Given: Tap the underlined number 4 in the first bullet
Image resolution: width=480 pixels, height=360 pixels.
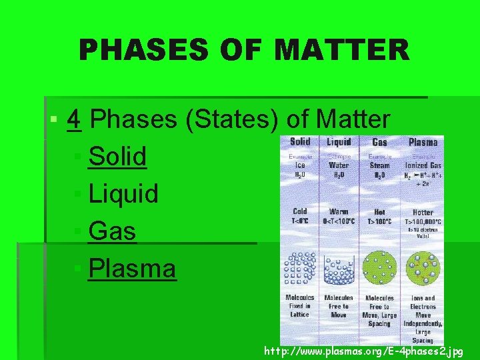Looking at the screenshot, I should point(75,120).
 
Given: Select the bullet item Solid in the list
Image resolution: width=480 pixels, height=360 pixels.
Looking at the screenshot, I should point(117,157).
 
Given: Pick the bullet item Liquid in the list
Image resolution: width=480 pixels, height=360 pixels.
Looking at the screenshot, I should point(123,194).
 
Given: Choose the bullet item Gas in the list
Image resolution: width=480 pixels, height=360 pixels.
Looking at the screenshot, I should point(112,231).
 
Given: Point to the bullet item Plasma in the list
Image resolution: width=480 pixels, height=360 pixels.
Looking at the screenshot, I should point(132,269).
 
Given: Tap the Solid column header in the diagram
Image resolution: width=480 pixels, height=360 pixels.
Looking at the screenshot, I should point(300,141).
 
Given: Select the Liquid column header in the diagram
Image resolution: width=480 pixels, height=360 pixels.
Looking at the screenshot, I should point(339,141).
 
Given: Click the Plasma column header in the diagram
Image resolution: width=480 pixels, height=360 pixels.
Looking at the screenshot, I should point(423,142).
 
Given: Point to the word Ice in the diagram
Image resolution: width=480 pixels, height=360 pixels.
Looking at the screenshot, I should point(300,165).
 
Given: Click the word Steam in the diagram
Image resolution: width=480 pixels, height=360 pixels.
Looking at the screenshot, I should point(379,165).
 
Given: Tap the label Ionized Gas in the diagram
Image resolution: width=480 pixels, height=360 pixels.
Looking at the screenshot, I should point(423,165).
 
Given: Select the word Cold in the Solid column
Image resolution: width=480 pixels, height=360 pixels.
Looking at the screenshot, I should point(300,211).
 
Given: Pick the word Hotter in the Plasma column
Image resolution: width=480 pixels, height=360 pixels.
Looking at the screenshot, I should point(423,211).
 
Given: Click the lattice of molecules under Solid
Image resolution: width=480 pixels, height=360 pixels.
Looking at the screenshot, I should point(301,268).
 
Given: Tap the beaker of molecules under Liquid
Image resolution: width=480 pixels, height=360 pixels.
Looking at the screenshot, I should point(339,269).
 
